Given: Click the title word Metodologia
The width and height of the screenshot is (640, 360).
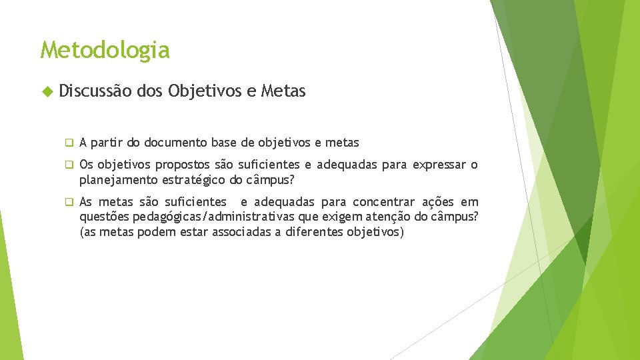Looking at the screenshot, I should pyautogui.click(x=105, y=50).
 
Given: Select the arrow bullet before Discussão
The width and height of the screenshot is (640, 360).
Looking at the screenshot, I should pyautogui.click(x=45, y=92).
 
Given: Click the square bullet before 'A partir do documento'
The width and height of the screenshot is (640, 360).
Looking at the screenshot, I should pyautogui.click(x=68, y=143).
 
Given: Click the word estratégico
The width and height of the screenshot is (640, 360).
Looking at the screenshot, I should pyautogui.click(x=194, y=179).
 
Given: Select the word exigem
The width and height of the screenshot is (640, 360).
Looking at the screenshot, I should pyautogui.click(x=345, y=217).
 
